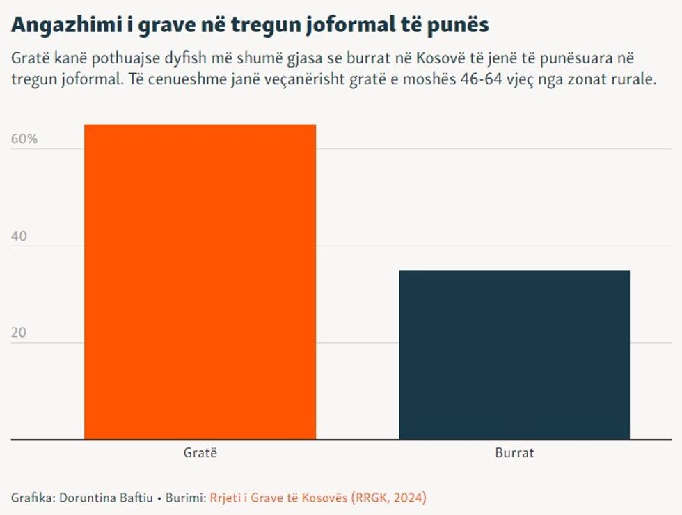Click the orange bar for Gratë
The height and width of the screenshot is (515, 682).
click(200, 282)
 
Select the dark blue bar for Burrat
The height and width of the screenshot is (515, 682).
click(514, 355)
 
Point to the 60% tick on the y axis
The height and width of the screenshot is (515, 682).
click(24, 139)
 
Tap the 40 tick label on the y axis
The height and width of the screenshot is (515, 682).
click(19, 237)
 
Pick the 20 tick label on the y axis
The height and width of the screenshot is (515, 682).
click(19, 333)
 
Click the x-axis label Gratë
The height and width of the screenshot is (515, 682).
click(200, 453)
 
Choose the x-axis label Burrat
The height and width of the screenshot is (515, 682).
click(515, 453)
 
